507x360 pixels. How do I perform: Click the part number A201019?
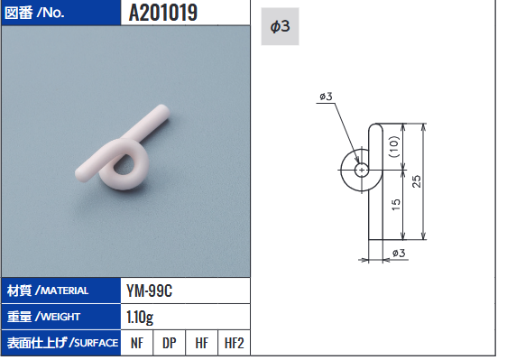point(163,13)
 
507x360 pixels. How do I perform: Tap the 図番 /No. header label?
point(34,13)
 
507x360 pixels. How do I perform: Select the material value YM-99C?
point(149,291)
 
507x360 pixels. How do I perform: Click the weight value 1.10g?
point(140,318)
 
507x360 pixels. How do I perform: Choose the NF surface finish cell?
point(137,343)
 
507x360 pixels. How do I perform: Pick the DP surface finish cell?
point(169,343)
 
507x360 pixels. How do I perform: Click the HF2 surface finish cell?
point(234,343)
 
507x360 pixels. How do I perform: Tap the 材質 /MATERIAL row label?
point(48,291)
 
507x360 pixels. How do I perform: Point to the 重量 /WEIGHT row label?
point(43,317)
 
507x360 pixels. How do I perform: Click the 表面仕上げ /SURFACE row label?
point(62,343)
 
